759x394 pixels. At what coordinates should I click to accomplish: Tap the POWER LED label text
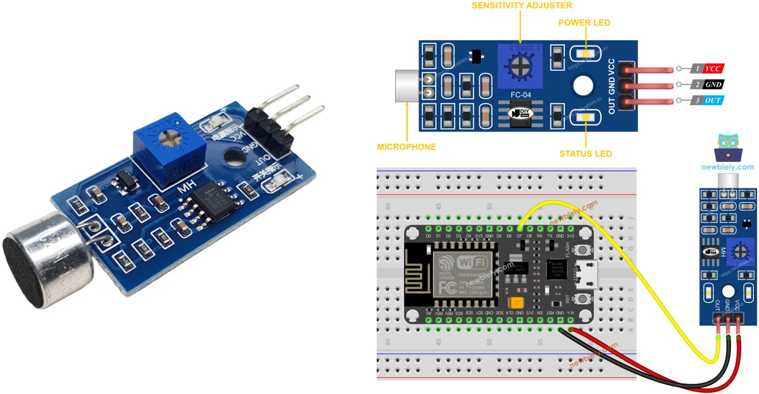click(584, 23)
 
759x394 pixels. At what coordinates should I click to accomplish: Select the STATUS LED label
click(585, 154)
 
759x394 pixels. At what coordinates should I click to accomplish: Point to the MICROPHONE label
click(407, 147)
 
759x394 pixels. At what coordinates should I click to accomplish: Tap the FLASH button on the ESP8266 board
click(584, 250)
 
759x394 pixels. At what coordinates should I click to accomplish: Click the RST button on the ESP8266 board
click(584, 298)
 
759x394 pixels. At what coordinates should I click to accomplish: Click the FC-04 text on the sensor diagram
click(520, 95)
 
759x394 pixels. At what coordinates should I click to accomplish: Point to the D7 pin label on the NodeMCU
click(520, 237)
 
